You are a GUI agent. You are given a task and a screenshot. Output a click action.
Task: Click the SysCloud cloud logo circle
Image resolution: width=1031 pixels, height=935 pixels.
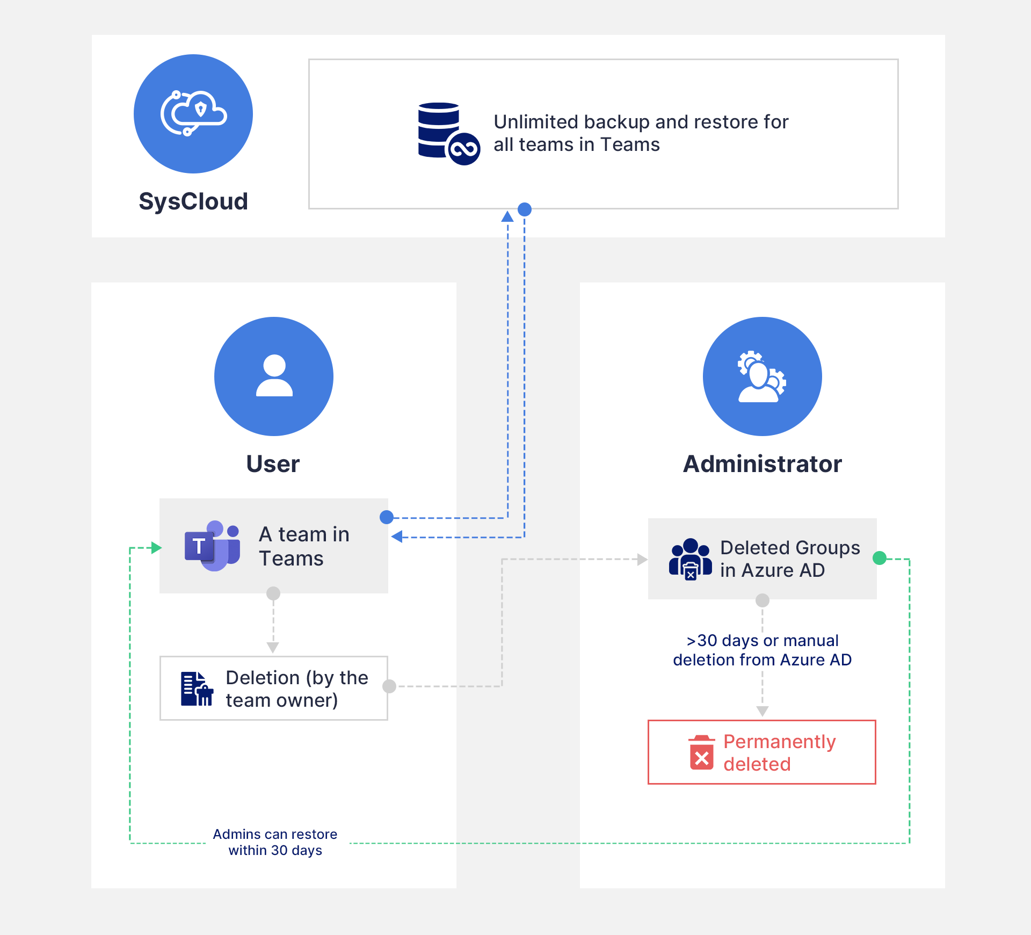[x=193, y=114]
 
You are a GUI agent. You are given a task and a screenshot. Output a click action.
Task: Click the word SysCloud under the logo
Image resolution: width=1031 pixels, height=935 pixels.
[x=193, y=202]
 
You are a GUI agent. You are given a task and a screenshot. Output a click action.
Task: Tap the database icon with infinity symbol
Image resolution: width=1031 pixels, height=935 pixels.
[x=448, y=133]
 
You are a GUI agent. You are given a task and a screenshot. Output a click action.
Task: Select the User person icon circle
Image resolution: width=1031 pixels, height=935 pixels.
[x=274, y=376]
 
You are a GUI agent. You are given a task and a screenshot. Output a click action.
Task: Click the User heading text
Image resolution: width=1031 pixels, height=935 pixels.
[x=273, y=464]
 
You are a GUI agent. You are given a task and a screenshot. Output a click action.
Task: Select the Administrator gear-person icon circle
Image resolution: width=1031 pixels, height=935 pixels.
[x=762, y=376]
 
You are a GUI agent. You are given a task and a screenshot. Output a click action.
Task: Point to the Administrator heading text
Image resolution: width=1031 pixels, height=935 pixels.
[x=762, y=464]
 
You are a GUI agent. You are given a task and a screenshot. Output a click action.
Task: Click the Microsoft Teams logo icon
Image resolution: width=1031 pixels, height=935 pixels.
[x=212, y=546]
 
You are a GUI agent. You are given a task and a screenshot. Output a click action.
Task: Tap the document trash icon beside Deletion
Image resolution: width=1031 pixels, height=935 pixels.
[x=197, y=689]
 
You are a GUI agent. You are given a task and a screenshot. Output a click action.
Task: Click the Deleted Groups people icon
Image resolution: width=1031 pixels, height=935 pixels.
[x=691, y=559]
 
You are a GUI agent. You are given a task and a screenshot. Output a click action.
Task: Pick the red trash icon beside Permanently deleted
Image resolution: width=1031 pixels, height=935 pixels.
[x=701, y=752]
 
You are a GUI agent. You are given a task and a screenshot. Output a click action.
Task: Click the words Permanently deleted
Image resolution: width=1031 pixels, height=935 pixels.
[x=779, y=752]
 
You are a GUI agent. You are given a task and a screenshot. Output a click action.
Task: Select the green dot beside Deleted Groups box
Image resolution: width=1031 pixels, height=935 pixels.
[x=880, y=559]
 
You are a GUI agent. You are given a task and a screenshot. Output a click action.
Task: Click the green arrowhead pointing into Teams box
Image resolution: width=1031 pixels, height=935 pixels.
[x=156, y=548]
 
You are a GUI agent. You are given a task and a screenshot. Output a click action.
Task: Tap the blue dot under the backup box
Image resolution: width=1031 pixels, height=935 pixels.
[x=525, y=209]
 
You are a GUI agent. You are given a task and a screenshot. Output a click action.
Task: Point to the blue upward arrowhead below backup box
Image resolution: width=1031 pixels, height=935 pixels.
[x=507, y=217]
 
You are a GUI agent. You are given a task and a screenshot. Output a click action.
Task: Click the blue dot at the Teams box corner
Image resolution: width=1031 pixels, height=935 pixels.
[x=387, y=517]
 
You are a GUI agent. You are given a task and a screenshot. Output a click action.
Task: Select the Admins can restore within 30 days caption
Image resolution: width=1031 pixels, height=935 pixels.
[x=275, y=842]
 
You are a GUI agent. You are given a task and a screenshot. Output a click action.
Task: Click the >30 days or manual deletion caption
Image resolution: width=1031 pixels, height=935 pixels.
[x=762, y=650]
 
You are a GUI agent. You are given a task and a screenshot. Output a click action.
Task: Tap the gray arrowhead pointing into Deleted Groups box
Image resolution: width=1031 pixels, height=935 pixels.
[x=642, y=560]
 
